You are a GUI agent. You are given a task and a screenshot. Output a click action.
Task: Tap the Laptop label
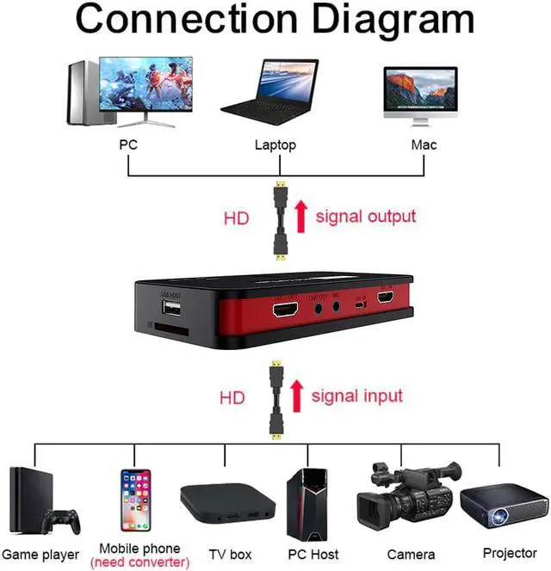click(275, 144)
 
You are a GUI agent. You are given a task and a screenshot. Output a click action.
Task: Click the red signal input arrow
click(296, 396)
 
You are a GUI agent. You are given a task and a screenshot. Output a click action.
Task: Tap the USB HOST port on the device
click(170, 310)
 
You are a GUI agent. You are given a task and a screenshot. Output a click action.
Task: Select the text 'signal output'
click(365, 216)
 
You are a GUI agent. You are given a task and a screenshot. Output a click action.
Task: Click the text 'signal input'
click(356, 396)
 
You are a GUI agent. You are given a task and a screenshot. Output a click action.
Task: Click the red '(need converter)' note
click(139, 562)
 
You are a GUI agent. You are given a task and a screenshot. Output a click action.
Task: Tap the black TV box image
click(228, 503)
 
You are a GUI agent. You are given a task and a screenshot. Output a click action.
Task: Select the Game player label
click(40, 555)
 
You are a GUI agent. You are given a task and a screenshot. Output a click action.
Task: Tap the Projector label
click(510, 553)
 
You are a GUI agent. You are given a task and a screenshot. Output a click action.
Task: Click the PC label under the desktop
click(128, 144)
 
